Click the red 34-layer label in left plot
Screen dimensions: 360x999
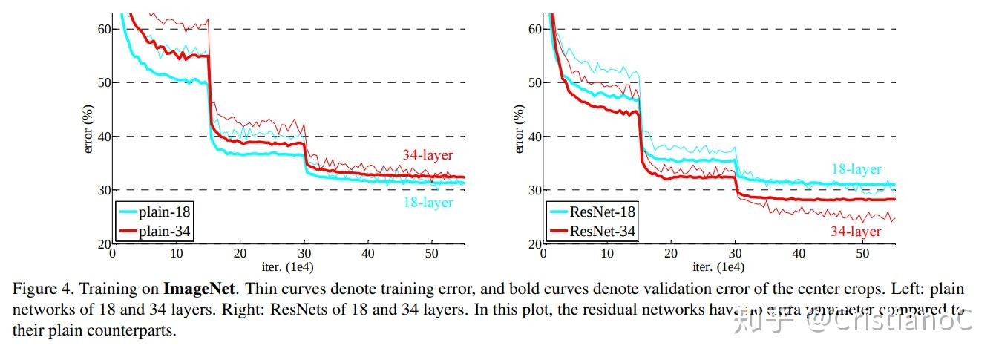(428, 156)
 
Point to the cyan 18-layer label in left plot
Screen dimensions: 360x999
(428, 203)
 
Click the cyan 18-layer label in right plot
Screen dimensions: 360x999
(856, 169)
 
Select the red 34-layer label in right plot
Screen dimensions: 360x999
(856, 232)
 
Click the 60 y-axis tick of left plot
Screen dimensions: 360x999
(102, 29)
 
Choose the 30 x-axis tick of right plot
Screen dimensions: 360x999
(735, 254)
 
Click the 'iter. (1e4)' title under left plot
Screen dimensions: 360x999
(287, 266)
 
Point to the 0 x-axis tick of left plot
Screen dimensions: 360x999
(112, 254)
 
